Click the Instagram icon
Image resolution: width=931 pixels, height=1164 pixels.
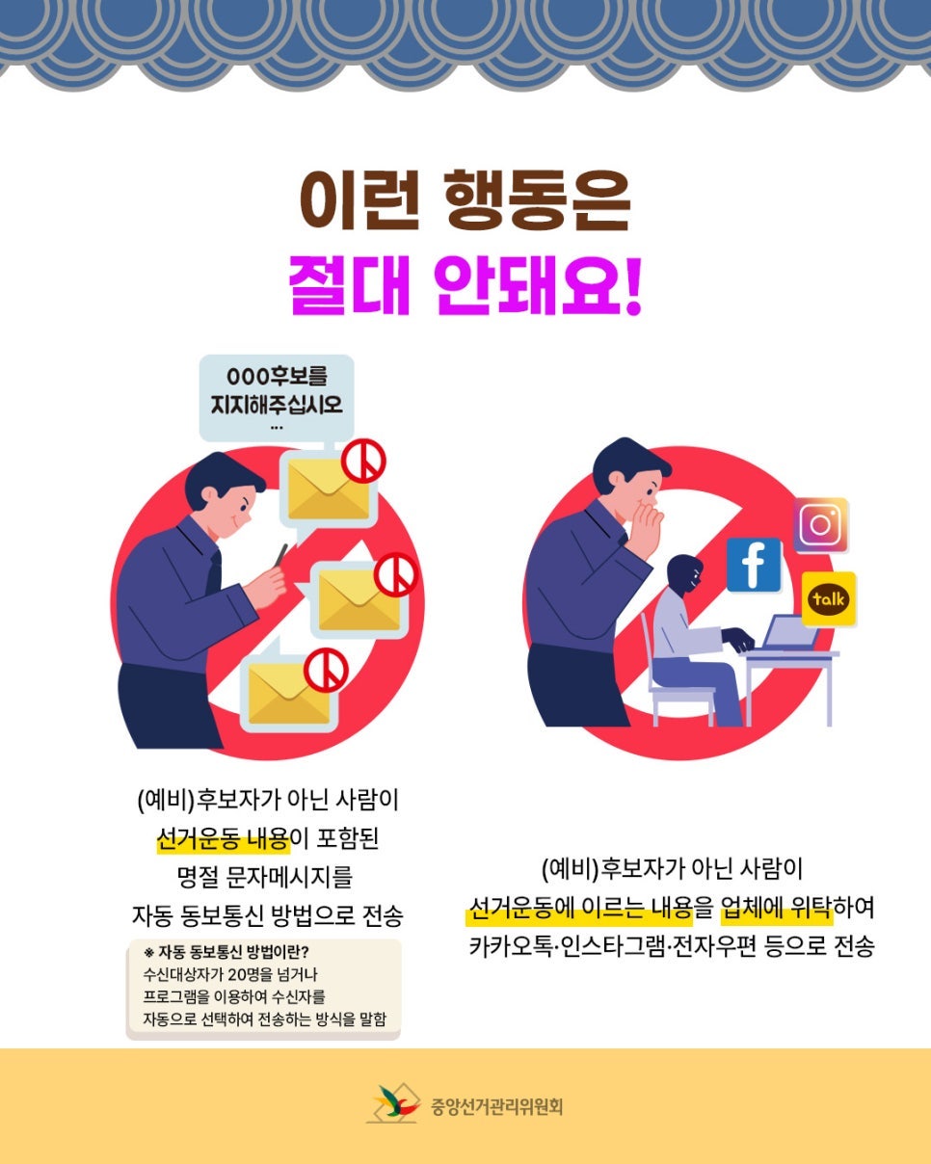tap(820, 525)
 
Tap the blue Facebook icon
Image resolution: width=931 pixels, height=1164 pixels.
tap(753, 565)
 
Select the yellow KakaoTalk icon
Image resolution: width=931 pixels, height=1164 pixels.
tap(828, 598)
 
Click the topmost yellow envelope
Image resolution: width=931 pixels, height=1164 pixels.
tap(329, 489)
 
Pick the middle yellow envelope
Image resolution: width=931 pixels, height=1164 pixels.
tap(359, 600)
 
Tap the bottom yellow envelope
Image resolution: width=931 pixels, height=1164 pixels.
tap(289, 694)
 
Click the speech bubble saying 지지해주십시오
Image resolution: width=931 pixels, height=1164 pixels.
tap(277, 398)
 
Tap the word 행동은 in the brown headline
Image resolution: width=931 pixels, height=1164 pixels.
tap(539, 200)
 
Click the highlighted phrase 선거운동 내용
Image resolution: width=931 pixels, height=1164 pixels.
tap(223, 839)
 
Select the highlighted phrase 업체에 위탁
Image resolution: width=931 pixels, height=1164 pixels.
tap(776, 907)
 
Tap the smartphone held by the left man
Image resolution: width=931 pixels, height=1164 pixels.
tap(281, 555)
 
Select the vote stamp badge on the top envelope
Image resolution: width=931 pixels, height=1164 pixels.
tap(363, 461)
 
